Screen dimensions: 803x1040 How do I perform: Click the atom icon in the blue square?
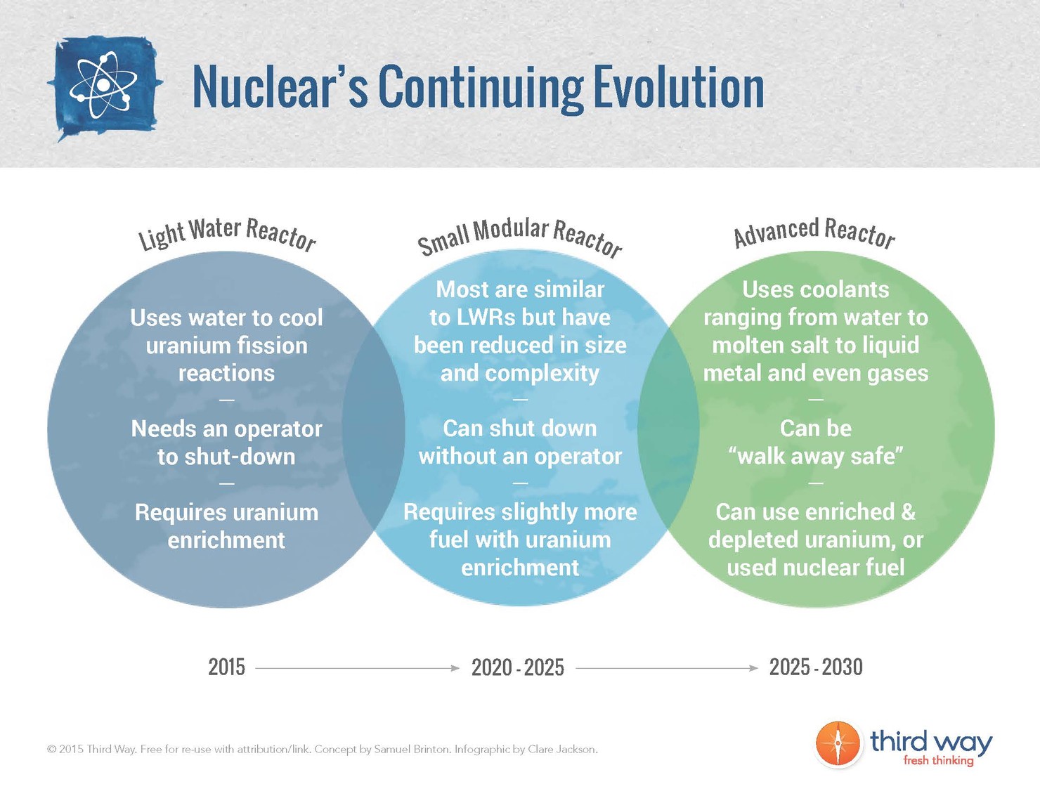pos(104,86)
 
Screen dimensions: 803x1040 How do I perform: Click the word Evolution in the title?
pos(678,87)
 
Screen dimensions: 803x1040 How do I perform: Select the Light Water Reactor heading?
pos(227,233)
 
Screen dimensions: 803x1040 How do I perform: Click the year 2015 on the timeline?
pos(226,667)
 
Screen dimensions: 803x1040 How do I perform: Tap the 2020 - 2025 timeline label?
pos(518,667)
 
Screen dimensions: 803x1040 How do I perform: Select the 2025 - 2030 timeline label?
pos(816,667)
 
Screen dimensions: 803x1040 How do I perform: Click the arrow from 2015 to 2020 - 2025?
pos(357,668)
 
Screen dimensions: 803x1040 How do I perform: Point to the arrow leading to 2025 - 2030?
pos(667,668)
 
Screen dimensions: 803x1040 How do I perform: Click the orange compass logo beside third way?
pos(838,744)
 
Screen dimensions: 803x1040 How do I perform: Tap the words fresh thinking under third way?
pos(938,760)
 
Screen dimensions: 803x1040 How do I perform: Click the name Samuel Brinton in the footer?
pos(412,749)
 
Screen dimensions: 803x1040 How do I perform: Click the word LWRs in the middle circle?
pos(486,317)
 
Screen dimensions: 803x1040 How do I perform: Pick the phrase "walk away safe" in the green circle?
pos(816,456)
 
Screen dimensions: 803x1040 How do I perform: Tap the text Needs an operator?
pos(226,429)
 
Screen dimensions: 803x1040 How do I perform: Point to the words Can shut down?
pos(520,428)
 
